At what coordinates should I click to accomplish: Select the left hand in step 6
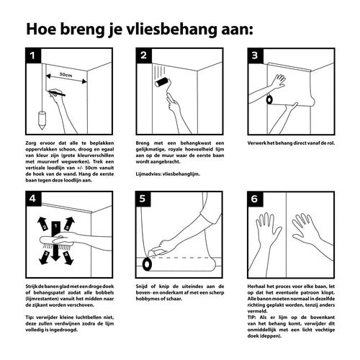coord(269,238)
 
